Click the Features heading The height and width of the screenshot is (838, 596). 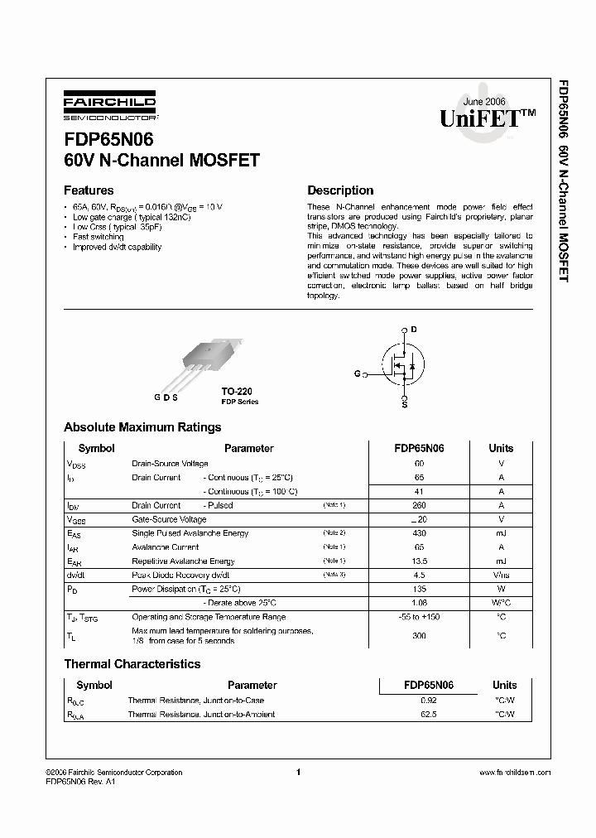pyautogui.click(x=89, y=190)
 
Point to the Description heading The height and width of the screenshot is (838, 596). pyautogui.click(x=340, y=190)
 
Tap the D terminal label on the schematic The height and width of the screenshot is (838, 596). pyautogui.click(x=414, y=330)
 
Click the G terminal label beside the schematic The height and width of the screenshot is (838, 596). pyautogui.click(x=357, y=374)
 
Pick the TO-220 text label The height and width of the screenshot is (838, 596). pyautogui.click(x=236, y=391)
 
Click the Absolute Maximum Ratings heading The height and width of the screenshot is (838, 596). pyautogui.click(x=142, y=427)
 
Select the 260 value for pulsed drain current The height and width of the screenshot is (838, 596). pyautogui.click(x=419, y=505)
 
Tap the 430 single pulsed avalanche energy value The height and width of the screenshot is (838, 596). pyautogui.click(x=419, y=533)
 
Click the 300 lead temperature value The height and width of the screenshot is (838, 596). pyautogui.click(x=419, y=635)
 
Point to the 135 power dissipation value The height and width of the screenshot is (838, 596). pyautogui.click(x=419, y=590)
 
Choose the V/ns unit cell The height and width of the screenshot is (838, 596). pyautogui.click(x=501, y=575)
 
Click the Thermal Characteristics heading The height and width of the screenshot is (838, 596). pyautogui.click(x=132, y=664)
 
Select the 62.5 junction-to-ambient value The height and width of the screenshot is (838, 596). pyautogui.click(x=428, y=714)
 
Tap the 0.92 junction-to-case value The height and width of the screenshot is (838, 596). pyautogui.click(x=428, y=700)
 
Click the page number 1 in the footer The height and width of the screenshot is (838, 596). pyautogui.click(x=296, y=772)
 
